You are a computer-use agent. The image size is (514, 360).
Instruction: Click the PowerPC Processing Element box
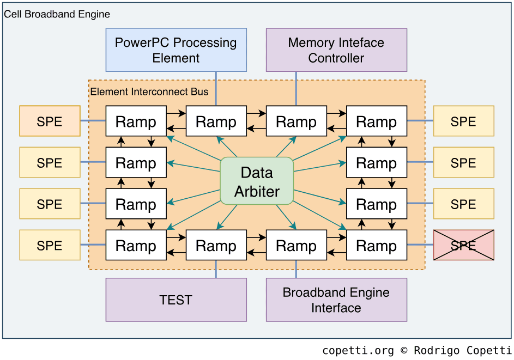click(176, 50)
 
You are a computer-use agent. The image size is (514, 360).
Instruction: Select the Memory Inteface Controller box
click(336, 50)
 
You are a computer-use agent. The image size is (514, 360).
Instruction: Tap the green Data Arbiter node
click(257, 181)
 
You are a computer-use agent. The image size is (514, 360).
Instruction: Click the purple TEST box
click(176, 300)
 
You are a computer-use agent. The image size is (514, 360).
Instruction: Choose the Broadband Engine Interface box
click(336, 300)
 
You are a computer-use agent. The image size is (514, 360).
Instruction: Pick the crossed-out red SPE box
click(463, 245)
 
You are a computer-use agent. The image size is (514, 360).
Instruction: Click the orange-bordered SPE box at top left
click(50, 121)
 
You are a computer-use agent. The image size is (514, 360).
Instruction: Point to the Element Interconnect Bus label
click(149, 91)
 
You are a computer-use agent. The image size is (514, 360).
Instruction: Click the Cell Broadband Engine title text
click(57, 14)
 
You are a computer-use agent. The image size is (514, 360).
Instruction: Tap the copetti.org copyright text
click(416, 350)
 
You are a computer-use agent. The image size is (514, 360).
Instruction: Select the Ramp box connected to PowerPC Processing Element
click(216, 121)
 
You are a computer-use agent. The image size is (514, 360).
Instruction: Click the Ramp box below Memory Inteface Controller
click(297, 121)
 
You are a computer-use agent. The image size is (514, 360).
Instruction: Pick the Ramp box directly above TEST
click(216, 245)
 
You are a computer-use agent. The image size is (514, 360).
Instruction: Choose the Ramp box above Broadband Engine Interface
click(297, 245)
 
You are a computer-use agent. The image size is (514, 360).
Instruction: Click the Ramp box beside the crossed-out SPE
click(377, 245)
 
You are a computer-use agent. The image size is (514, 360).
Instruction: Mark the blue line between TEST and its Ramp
click(216, 269)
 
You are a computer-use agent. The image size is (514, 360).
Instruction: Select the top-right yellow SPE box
click(463, 121)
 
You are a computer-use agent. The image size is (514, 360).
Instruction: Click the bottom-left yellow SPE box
click(50, 245)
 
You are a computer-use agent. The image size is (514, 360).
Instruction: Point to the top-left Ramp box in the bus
click(136, 121)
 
